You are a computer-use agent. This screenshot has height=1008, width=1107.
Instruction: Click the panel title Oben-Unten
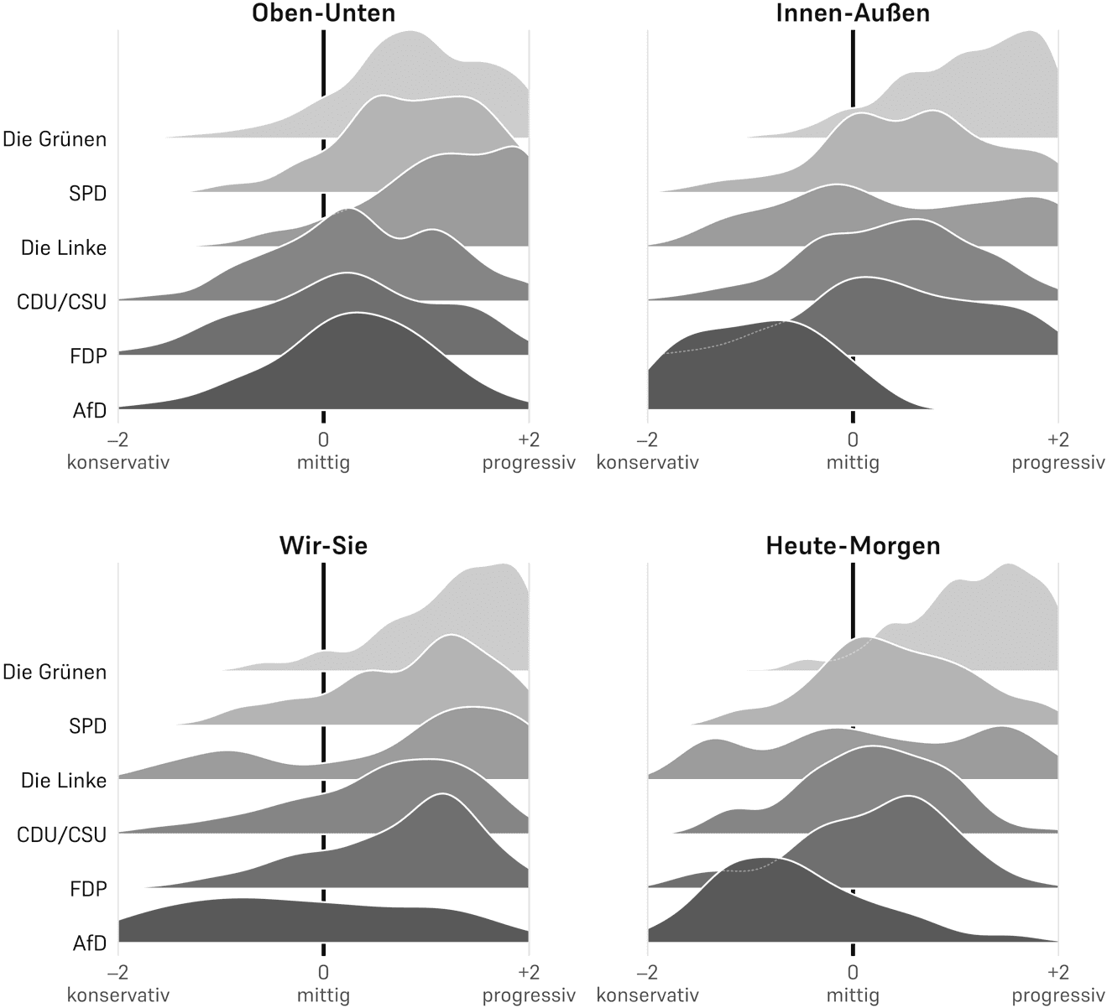click(323, 13)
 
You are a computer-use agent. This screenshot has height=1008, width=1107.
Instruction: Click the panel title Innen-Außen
click(853, 13)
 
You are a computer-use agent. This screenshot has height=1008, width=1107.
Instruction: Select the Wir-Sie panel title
click(323, 546)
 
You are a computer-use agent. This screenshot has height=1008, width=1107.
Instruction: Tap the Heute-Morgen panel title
click(853, 546)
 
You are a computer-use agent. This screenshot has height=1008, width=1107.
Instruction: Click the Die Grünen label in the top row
click(55, 139)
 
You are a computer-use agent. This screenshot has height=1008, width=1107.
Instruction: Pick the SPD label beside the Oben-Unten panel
click(88, 194)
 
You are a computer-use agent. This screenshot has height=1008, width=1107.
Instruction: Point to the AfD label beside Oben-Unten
click(90, 411)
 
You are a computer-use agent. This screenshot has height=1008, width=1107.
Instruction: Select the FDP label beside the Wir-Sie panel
click(88, 888)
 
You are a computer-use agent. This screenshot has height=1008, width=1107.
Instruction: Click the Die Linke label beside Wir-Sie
click(64, 781)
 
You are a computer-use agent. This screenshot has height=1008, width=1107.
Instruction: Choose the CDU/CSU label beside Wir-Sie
click(62, 834)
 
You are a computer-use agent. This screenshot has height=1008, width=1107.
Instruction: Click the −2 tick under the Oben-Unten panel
click(117, 440)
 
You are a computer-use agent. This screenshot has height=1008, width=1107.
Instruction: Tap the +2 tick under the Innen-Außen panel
click(1057, 440)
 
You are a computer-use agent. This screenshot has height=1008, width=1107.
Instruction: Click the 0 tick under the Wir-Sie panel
click(323, 974)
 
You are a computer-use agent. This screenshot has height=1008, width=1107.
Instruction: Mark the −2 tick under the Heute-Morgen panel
click(647, 974)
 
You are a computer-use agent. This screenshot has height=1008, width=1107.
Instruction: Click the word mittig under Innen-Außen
click(853, 462)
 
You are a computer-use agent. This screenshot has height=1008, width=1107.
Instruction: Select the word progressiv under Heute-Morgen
click(1058, 995)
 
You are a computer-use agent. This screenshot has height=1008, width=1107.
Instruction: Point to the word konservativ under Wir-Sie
click(118, 995)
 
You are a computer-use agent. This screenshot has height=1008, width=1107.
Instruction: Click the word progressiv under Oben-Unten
click(529, 462)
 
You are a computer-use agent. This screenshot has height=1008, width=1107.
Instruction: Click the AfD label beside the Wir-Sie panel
click(90, 943)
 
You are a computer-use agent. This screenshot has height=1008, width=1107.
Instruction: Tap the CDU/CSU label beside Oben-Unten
click(62, 302)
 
